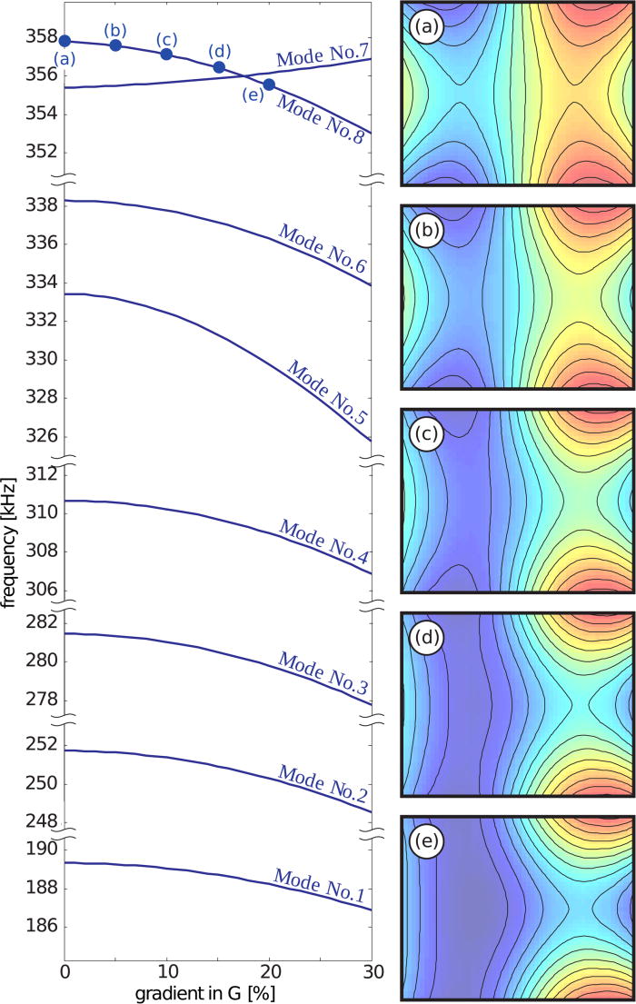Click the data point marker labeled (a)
point(65,41)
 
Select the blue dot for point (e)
point(269,84)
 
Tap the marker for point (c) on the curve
point(166,54)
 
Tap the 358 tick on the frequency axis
point(38,37)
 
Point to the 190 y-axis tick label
point(38,849)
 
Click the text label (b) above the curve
point(117,28)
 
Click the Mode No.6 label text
point(321,250)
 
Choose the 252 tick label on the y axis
point(38,744)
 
